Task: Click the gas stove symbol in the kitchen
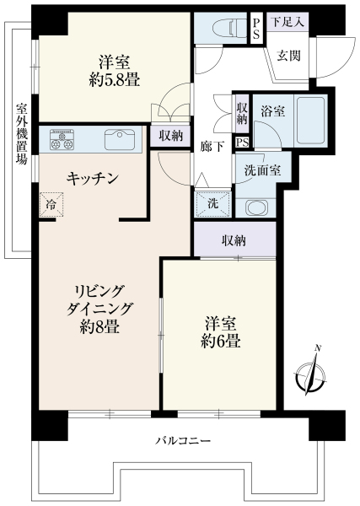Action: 62,139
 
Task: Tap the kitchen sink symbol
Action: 120,139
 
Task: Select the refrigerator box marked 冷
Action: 51,205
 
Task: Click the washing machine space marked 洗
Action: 213,204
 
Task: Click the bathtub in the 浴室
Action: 310,120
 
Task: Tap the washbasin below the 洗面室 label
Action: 257,207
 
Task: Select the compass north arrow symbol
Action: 310,373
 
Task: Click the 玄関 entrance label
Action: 289,56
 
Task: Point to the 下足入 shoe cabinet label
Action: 287,22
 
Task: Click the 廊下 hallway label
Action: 212,147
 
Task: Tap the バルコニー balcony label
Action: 183,440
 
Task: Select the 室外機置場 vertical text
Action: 21,133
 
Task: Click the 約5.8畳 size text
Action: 115,80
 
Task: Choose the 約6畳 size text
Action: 221,341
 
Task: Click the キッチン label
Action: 92,179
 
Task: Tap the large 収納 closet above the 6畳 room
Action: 234,240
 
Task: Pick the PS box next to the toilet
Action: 256,29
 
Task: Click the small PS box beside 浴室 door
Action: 242,143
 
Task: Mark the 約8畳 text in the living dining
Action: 99,326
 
